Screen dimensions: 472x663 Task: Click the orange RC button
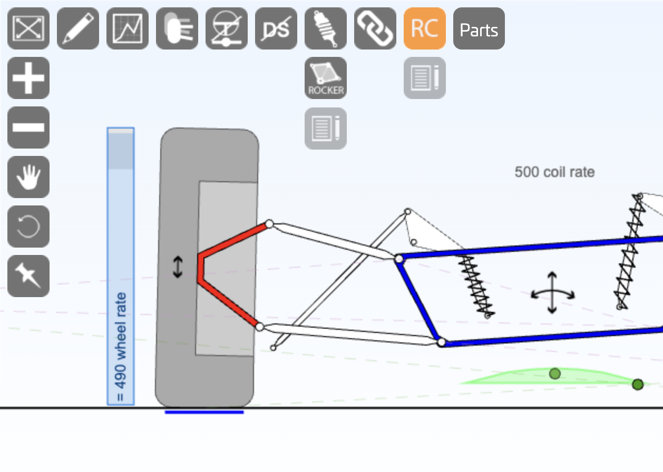[x=424, y=28]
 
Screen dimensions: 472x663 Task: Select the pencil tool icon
[x=78, y=28]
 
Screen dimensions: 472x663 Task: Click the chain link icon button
[x=375, y=28]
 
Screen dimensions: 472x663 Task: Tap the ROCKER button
[x=325, y=78]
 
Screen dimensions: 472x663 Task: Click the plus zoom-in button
[x=28, y=78]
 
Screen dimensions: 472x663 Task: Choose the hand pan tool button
[x=28, y=177]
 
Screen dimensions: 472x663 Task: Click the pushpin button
[x=28, y=276]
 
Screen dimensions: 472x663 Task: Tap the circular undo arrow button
[x=28, y=227]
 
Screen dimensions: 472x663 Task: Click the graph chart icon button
[x=128, y=28]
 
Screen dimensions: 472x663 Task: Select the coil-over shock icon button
[x=325, y=28]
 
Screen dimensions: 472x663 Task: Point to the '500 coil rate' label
[x=554, y=172]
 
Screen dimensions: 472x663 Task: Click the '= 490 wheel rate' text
[x=121, y=347]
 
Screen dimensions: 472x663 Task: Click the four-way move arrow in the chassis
[x=552, y=293]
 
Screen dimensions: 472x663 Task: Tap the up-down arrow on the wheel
[x=178, y=267]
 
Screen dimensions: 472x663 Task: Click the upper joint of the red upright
[x=269, y=224]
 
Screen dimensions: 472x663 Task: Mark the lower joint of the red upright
[x=259, y=327]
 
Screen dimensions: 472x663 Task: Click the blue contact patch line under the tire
[x=204, y=412]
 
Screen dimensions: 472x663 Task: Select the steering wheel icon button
[x=226, y=28]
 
